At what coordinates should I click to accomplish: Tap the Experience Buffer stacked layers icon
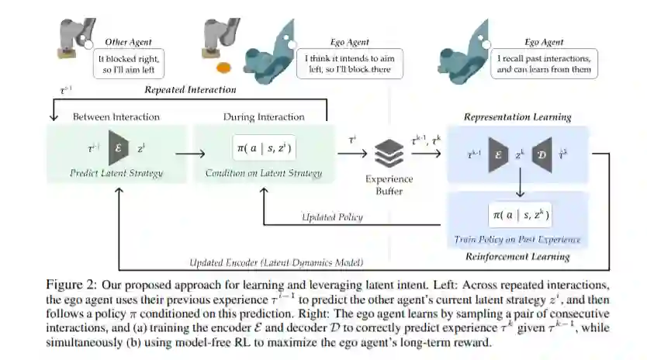[389, 153]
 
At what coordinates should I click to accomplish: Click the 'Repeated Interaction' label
[190, 90]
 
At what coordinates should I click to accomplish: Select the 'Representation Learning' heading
[517, 117]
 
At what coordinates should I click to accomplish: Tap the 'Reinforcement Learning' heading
[517, 256]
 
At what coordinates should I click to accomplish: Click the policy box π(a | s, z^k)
[518, 214]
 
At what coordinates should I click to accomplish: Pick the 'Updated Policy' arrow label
[332, 217]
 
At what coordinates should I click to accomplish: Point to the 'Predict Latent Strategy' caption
[116, 173]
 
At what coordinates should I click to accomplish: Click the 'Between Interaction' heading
[116, 117]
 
